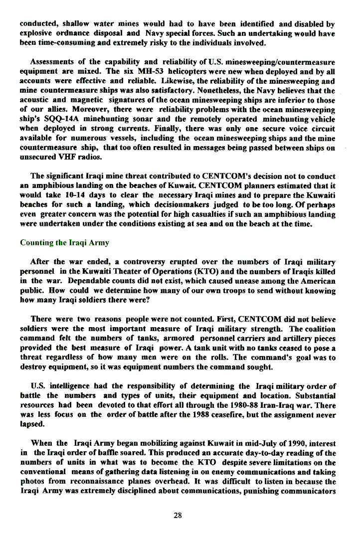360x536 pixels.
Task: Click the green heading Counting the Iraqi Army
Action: tap(64, 243)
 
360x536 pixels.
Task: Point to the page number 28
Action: tap(178, 516)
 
